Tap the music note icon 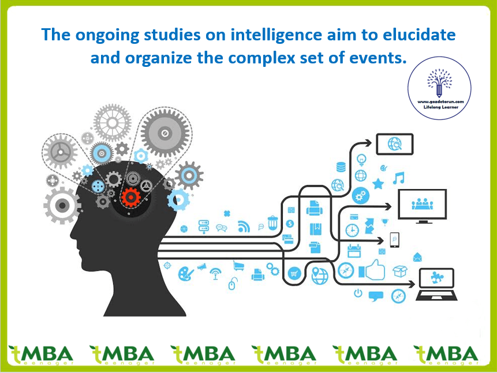[x=398, y=178]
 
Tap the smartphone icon [x=394, y=239]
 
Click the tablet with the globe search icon [x=395, y=144]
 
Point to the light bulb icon [x=361, y=157]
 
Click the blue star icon [x=378, y=184]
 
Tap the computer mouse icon [x=233, y=284]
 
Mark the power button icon [x=358, y=293]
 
